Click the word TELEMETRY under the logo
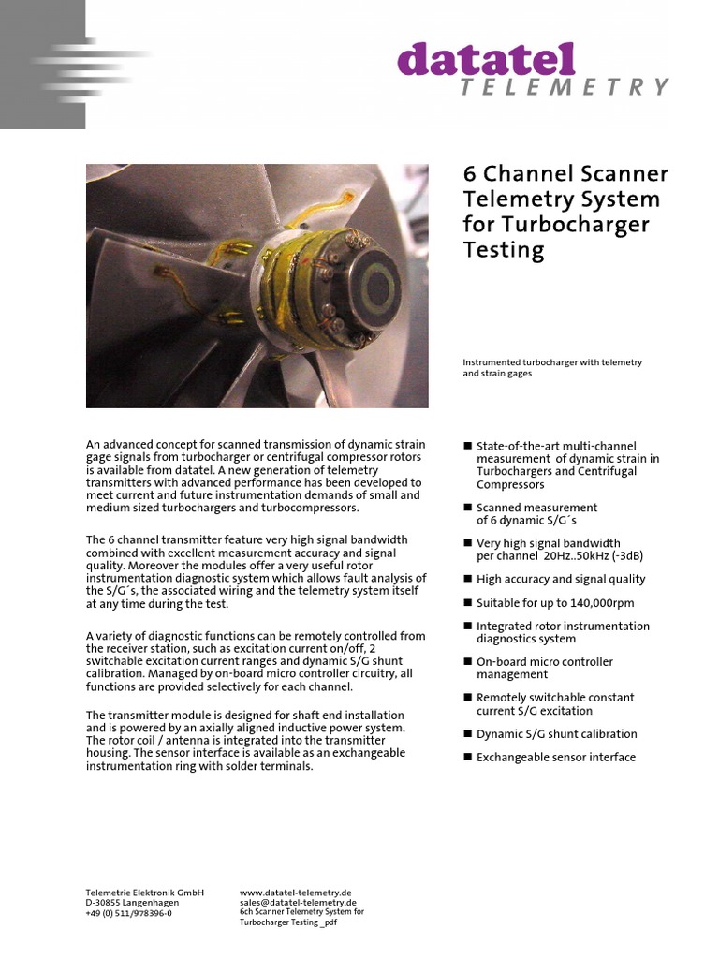point(565,87)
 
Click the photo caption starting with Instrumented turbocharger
point(551,367)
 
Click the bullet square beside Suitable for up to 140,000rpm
point(468,603)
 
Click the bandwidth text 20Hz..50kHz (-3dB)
point(586,555)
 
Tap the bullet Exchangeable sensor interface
point(555,757)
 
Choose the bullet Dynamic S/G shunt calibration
point(556,733)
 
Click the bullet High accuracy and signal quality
point(561,579)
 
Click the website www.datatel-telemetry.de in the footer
point(296,893)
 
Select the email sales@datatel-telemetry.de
point(298,903)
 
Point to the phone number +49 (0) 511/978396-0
point(128,913)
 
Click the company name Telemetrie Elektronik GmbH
point(144,893)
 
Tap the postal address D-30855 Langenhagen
point(132,903)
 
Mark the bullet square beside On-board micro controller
point(468,661)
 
